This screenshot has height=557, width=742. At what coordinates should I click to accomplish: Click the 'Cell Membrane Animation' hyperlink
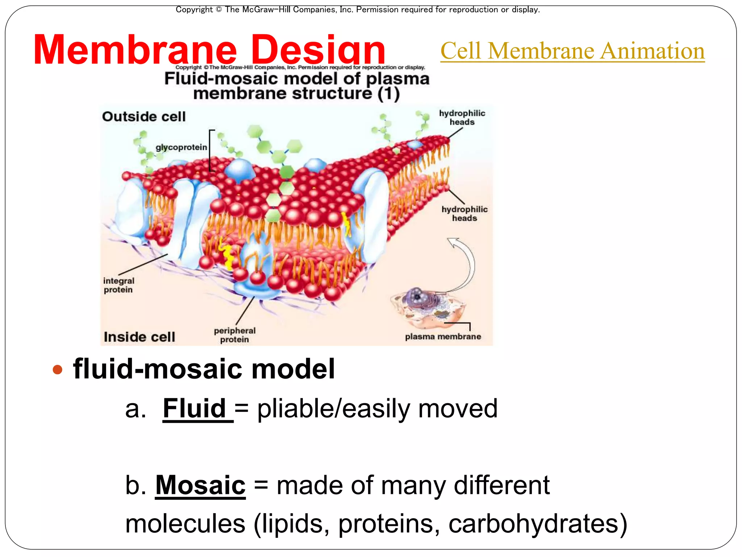[572, 51]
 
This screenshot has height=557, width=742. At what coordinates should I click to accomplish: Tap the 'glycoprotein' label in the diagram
[181, 147]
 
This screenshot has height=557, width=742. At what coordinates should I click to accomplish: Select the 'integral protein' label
[118, 285]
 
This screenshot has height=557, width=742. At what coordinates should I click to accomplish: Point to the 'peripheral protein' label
[234, 335]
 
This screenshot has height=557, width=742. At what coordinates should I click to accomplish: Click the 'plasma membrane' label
[443, 337]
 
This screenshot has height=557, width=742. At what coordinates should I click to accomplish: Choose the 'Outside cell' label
[144, 117]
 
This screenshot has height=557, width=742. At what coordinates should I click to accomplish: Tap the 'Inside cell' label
[139, 337]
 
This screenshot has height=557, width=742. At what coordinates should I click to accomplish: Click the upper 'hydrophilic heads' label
[462, 117]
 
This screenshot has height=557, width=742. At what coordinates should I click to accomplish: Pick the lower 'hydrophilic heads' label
[464, 214]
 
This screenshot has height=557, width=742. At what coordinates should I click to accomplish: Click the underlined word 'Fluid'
[195, 408]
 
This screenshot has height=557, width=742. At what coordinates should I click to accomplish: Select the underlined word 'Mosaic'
[200, 485]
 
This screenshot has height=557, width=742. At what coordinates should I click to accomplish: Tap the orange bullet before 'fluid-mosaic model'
[57, 370]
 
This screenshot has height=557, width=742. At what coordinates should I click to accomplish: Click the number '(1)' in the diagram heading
[388, 94]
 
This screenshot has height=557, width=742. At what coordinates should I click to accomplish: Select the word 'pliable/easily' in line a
[333, 408]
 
